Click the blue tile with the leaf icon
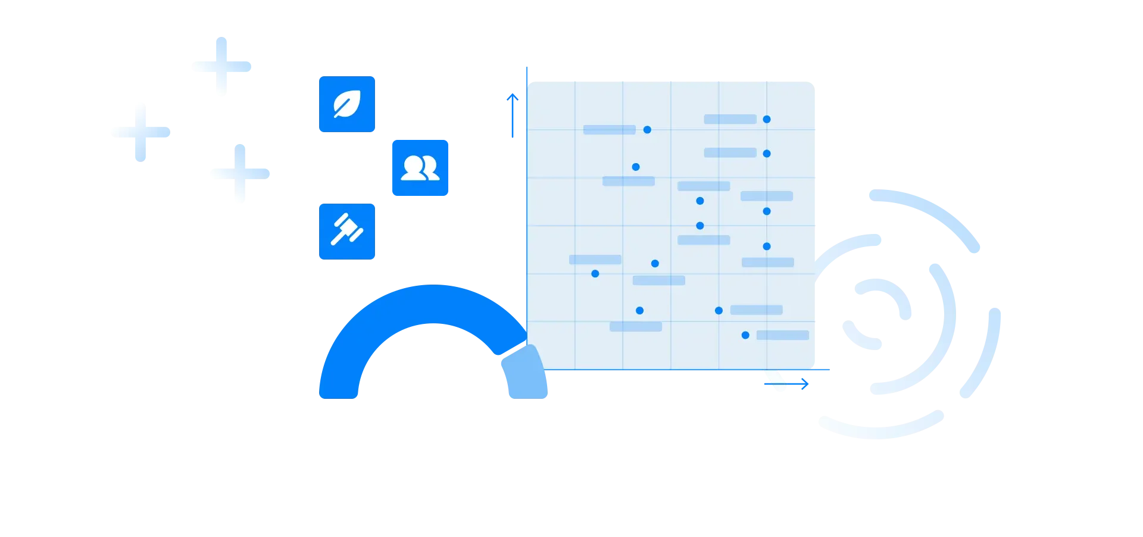(347, 104)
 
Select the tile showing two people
(421, 168)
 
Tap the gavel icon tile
(347, 230)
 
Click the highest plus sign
(221, 66)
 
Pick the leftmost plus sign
(140, 130)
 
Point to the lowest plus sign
(241, 173)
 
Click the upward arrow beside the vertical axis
(512, 114)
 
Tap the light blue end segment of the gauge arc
(524, 373)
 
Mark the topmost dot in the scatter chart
(767, 120)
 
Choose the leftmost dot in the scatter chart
(595, 274)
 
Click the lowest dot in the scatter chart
(745, 335)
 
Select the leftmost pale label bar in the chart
(595, 260)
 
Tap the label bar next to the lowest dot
(782, 335)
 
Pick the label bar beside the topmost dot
(730, 120)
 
